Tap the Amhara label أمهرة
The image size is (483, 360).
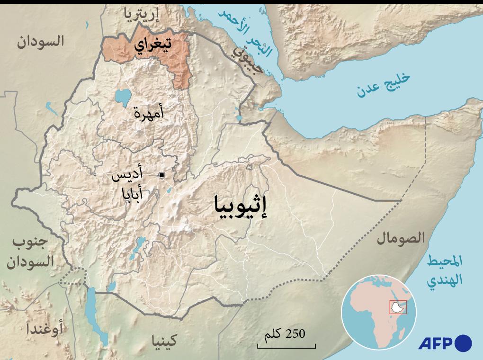[148, 113]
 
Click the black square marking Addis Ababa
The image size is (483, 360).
[161, 175]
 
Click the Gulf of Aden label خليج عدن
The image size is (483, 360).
[377, 85]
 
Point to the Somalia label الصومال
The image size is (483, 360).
[401, 238]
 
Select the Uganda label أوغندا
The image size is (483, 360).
[45, 328]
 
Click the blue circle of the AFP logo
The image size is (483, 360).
[464, 343]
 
